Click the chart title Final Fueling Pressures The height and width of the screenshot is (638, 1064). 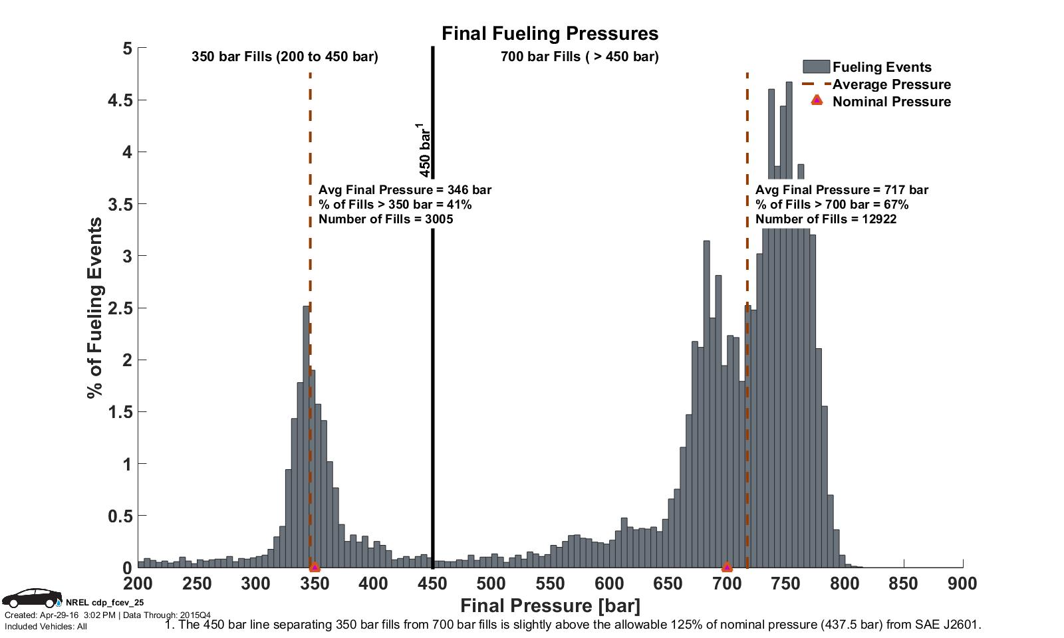coord(550,33)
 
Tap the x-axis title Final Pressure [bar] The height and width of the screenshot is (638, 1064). coord(550,605)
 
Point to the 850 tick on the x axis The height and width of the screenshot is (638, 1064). coord(903,584)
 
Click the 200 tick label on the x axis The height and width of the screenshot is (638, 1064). coord(138,584)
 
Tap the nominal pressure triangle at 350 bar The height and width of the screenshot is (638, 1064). coord(315,567)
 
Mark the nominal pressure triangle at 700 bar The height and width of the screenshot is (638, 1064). coord(727,567)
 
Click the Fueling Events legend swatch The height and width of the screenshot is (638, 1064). coord(816,66)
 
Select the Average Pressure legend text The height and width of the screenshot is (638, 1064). coord(891,84)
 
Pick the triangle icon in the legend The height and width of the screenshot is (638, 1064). coord(817,100)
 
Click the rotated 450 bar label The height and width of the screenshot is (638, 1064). coord(426,150)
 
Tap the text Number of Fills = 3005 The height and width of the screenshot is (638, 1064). coord(386,219)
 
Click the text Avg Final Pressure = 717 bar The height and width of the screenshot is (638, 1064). coord(841,190)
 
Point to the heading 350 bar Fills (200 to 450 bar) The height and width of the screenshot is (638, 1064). coord(285,56)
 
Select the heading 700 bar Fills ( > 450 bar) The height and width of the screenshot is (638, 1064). coord(579,56)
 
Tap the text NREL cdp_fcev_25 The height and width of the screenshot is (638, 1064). coord(104,603)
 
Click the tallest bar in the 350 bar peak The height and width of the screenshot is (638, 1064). coord(306,439)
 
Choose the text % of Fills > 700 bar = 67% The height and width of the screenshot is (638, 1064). coord(831,205)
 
